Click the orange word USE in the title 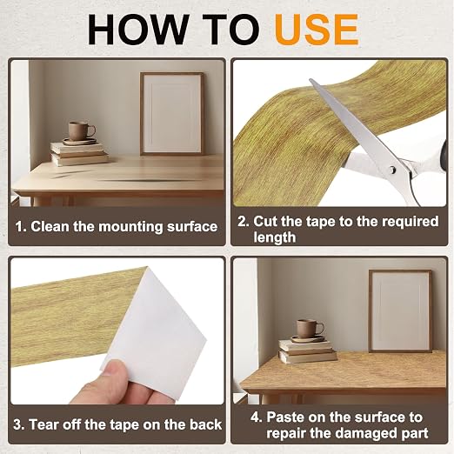pos(317,30)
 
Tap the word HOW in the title pos(137,30)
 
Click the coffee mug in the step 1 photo pos(81,130)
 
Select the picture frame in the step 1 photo pos(172,114)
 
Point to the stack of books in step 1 pos(79,154)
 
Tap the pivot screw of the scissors pos(392,170)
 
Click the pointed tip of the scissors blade pos(310,79)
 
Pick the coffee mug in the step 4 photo pos(309,329)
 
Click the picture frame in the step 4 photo pos(400,310)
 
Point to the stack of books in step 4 pos(307,351)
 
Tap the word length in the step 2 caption pos(275,237)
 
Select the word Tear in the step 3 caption pos(43,424)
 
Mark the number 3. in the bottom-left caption pos(19,424)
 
